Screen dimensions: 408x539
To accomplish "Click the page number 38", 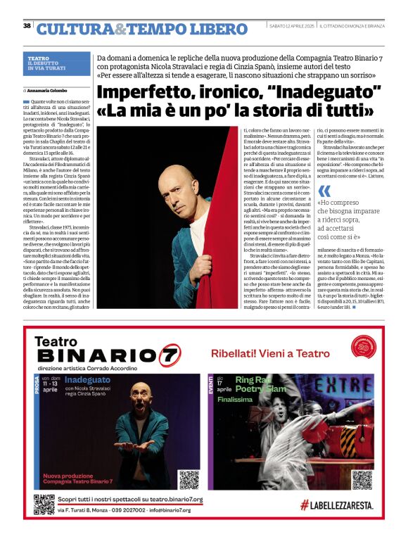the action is click(x=27, y=26).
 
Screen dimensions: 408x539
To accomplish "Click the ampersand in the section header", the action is click(x=120, y=29).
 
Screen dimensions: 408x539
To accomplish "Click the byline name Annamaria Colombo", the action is click(x=47, y=90).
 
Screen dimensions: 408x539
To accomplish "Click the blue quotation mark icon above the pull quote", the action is click(x=324, y=191).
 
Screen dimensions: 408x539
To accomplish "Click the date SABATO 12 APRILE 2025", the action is click(x=292, y=26).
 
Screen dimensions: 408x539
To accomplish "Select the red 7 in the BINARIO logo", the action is click(x=169, y=355).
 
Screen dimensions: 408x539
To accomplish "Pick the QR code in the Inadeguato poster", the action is click(x=189, y=479).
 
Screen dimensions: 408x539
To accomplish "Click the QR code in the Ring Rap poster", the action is click(x=362, y=479).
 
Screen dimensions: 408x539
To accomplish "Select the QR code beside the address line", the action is click(x=44, y=505).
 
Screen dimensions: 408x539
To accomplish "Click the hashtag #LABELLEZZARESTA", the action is click(x=337, y=505).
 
